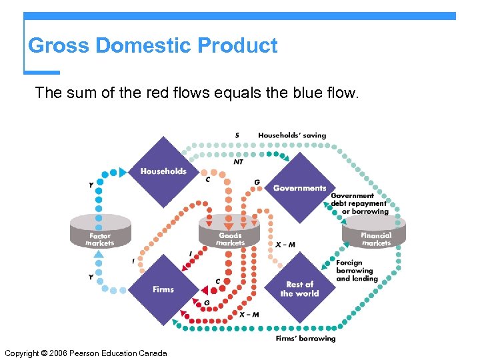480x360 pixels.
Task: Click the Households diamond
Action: coord(163,171)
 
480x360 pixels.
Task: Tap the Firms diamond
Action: coord(163,289)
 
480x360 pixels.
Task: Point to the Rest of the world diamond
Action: coord(299,289)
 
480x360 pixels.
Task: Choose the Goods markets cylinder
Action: coord(230,231)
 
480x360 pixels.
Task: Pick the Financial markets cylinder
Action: coord(375,231)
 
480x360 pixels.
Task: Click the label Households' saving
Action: coord(292,135)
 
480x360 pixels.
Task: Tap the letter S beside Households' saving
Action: coord(237,135)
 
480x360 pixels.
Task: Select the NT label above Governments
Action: coord(238,161)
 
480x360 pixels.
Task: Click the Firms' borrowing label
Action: coord(305,339)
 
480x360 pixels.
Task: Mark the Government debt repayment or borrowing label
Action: coord(359,204)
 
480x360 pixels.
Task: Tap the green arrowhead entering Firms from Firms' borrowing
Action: coord(177,324)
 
